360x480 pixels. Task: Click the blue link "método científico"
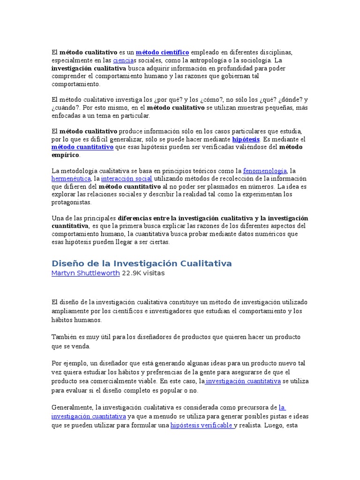tap(163, 52)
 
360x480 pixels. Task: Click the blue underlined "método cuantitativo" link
tap(82, 147)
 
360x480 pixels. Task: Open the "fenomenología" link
tap(265, 171)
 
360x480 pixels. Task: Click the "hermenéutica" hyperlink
tap(71, 179)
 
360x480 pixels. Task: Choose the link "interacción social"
tap(127, 179)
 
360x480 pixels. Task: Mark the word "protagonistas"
tap(71, 202)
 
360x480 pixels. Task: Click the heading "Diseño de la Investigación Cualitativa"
tap(142, 263)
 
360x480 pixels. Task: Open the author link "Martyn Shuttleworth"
tap(85, 273)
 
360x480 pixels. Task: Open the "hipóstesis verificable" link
tap(202, 426)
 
